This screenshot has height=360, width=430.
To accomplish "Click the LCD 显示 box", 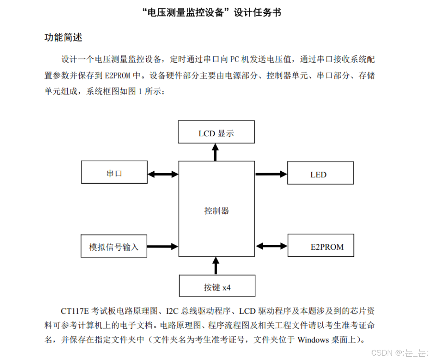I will (x=216, y=132).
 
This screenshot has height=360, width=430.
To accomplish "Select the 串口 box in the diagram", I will (x=114, y=172).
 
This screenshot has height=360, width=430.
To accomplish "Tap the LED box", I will (x=320, y=173).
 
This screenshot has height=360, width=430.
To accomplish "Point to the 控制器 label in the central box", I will (x=216, y=211).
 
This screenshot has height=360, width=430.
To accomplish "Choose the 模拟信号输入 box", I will (x=114, y=246).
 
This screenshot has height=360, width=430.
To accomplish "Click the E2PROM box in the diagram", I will (x=321, y=245).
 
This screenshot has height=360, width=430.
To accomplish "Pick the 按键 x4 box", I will (x=217, y=286).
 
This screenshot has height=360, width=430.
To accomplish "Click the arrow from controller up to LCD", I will (x=215, y=152).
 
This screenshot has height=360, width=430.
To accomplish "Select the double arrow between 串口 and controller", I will (x=163, y=174).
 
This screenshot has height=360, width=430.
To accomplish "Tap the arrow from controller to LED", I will (x=271, y=174).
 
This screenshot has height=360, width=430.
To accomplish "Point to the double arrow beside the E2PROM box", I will (x=271, y=246).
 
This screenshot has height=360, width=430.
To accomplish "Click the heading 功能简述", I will (x=63, y=37).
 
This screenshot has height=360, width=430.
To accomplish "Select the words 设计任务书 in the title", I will (x=257, y=13).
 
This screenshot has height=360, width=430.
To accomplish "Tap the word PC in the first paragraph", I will (x=234, y=59).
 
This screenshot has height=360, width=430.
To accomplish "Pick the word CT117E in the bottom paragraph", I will (x=75, y=311).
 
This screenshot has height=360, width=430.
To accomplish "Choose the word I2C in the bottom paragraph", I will (x=172, y=311).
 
